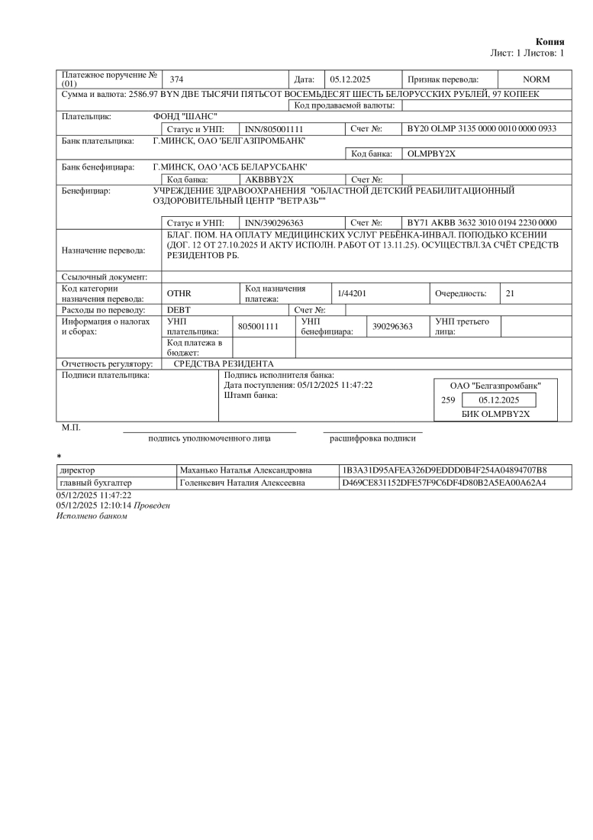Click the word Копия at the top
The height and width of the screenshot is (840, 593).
click(x=549, y=41)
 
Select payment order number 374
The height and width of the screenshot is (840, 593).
click(x=176, y=79)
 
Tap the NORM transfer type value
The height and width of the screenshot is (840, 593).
click(x=536, y=79)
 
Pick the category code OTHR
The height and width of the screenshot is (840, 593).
click(x=178, y=293)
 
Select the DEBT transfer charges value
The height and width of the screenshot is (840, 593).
click(x=179, y=310)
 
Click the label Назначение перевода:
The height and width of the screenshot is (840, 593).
click(x=103, y=249)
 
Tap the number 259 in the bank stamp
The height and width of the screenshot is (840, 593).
click(x=448, y=400)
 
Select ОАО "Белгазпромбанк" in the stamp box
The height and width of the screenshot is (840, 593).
click(x=495, y=386)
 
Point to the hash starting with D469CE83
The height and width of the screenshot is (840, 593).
click(x=445, y=483)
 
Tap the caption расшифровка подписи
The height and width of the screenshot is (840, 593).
click(x=373, y=439)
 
